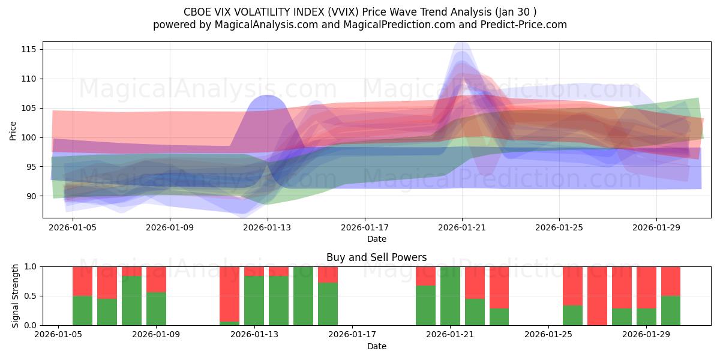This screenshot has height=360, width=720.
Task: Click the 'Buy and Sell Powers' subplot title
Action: [376, 257]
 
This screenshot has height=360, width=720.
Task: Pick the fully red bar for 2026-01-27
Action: [597, 296]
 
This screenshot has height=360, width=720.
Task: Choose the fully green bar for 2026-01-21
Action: [450, 296]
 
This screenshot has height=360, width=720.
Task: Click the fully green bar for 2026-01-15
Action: [303, 296]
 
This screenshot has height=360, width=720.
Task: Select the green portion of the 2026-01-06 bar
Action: [82, 311]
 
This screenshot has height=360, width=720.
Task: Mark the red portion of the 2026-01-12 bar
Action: [229, 293]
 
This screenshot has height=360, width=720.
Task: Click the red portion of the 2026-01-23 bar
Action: [499, 287]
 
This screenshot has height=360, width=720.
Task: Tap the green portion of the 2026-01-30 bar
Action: [670, 311]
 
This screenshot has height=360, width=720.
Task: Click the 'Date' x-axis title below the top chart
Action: [376, 239]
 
